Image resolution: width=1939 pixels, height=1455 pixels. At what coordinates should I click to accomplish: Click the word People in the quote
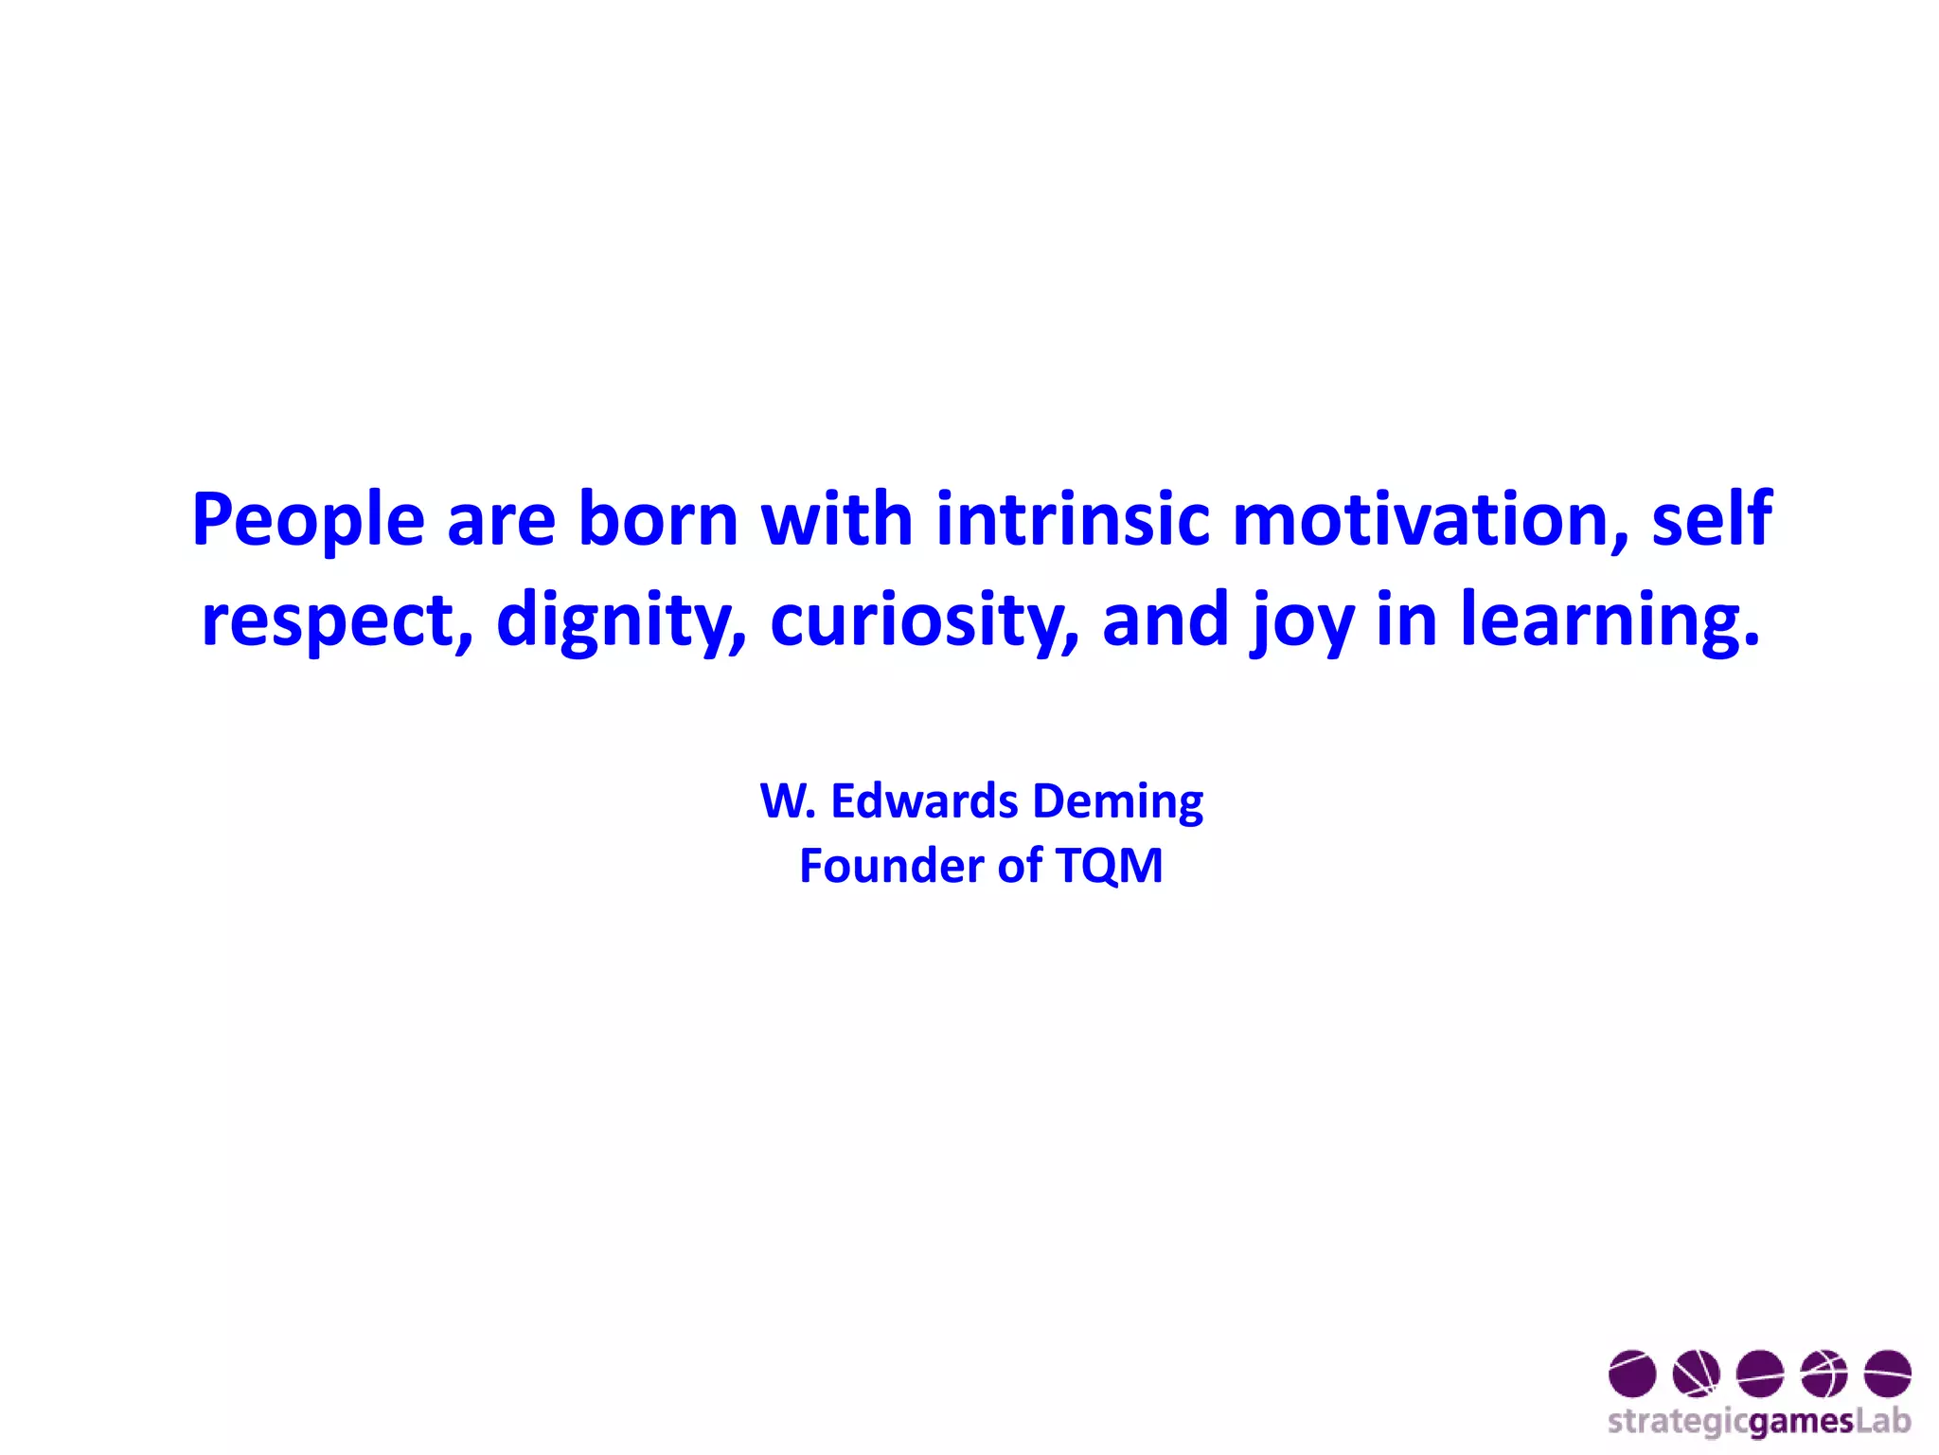click(308, 520)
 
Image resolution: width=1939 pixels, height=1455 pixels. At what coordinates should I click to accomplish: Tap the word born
click(658, 520)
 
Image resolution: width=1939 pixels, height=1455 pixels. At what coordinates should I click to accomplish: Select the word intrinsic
click(1073, 520)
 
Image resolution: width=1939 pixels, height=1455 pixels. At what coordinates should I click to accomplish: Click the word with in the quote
click(837, 520)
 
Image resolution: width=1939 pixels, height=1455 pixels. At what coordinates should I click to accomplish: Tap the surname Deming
click(1117, 802)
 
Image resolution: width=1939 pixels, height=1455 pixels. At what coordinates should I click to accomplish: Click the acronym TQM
click(1109, 866)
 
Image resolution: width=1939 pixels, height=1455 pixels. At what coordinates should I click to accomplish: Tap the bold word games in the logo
click(1800, 1422)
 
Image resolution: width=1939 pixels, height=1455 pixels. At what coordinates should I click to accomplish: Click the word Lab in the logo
click(1883, 1420)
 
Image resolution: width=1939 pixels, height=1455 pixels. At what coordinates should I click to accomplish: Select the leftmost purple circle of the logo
click(1632, 1374)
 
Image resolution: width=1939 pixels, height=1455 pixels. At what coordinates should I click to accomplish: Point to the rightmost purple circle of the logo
click(1887, 1374)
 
